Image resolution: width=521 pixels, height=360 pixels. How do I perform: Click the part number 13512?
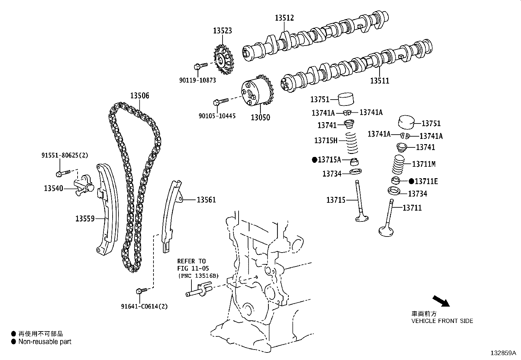(x=284, y=18)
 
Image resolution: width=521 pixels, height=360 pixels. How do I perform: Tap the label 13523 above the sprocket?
(x=223, y=30)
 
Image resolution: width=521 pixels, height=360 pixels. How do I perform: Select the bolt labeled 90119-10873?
(x=200, y=66)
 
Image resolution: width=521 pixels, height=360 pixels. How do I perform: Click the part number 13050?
(x=260, y=117)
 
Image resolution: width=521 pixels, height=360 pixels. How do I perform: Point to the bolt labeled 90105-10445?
(x=221, y=102)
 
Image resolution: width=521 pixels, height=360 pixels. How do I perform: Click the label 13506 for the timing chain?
(x=139, y=96)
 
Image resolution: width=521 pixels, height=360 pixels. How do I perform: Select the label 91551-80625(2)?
(x=65, y=155)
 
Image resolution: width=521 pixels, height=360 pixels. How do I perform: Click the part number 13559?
(x=85, y=218)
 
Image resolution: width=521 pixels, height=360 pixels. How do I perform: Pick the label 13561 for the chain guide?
(x=206, y=199)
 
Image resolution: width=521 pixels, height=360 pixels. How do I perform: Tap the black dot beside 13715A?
(x=315, y=160)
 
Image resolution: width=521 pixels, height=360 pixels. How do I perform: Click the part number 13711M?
(x=424, y=164)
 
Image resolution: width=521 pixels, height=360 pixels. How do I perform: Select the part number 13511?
(x=380, y=81)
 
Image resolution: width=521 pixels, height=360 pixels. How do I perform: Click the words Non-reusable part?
(x=45, y=342)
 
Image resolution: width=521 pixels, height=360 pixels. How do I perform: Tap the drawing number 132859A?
(x=503, y=353)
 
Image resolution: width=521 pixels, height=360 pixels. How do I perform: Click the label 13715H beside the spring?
(x=326, y=141)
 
